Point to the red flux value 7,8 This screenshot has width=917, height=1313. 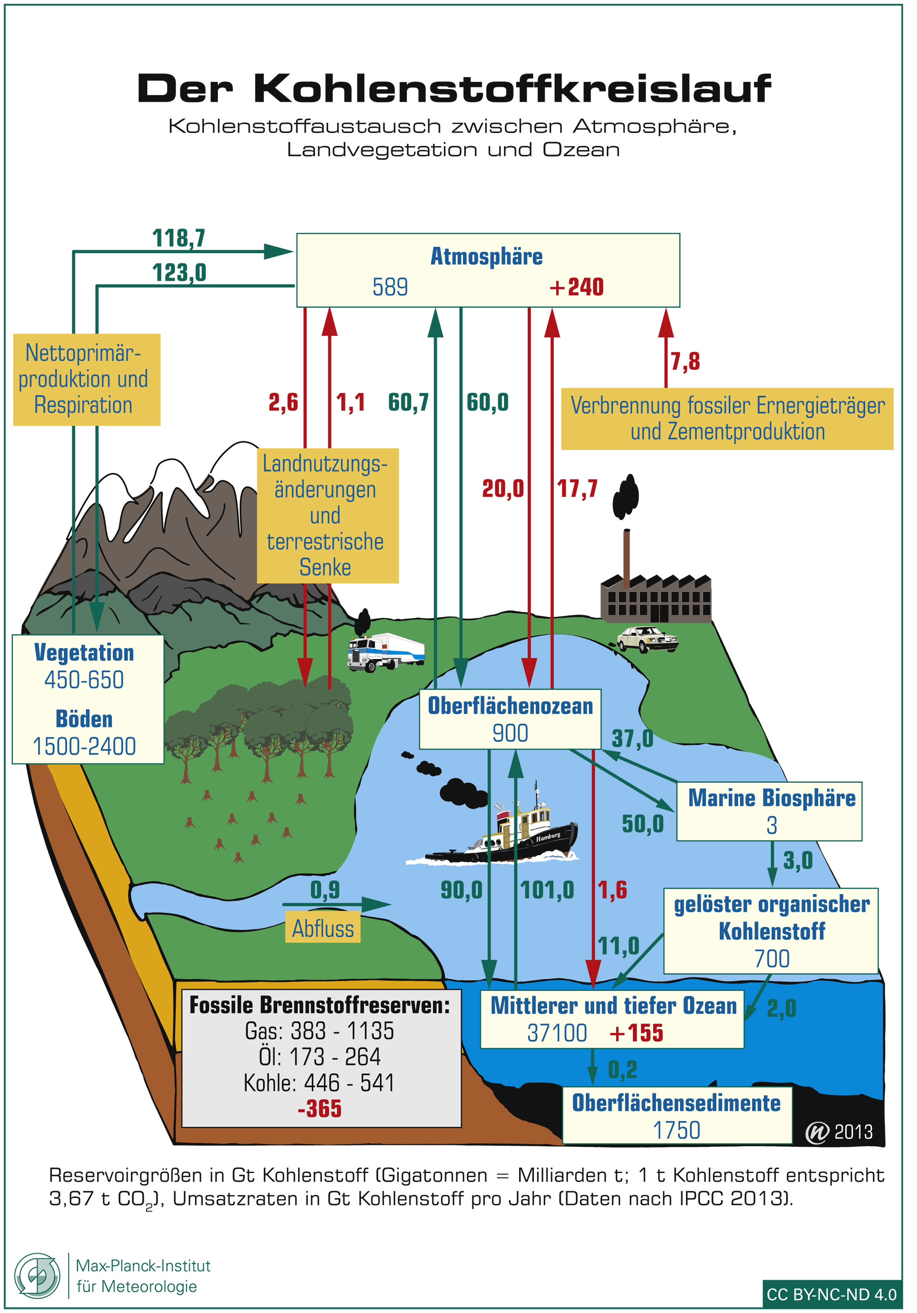685,361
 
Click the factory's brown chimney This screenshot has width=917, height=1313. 626,557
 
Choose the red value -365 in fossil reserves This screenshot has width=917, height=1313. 319,1109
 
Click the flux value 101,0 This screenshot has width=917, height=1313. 547,890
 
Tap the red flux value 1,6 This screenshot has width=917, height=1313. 613,890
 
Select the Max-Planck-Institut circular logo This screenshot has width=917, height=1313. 37,1276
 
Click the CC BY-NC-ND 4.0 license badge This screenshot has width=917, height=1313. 832,1294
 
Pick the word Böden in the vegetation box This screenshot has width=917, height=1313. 84,719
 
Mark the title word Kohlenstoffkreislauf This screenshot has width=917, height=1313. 512,89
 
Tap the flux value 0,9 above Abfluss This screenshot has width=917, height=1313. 325,890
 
